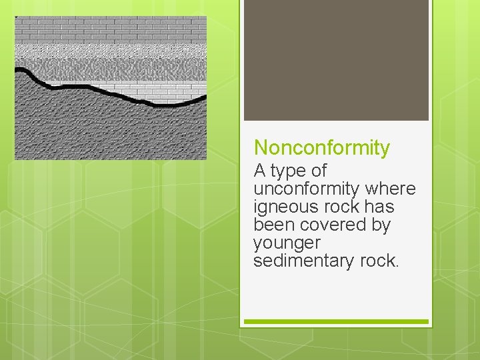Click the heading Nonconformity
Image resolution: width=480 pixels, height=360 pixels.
(x=321, y=147)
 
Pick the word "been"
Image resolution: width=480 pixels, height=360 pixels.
(x=273, y=225)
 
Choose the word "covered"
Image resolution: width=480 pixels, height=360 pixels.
(x=331, y=225)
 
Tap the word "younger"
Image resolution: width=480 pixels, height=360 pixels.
(x=287, y=243)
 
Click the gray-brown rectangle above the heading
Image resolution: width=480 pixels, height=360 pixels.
(x=336, y=60)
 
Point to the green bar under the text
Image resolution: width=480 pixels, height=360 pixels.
(x=336, y=322)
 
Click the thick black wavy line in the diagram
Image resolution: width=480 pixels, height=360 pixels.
(x=87, y=87)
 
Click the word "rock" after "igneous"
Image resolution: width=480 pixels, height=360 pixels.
(x=342, y=207)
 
